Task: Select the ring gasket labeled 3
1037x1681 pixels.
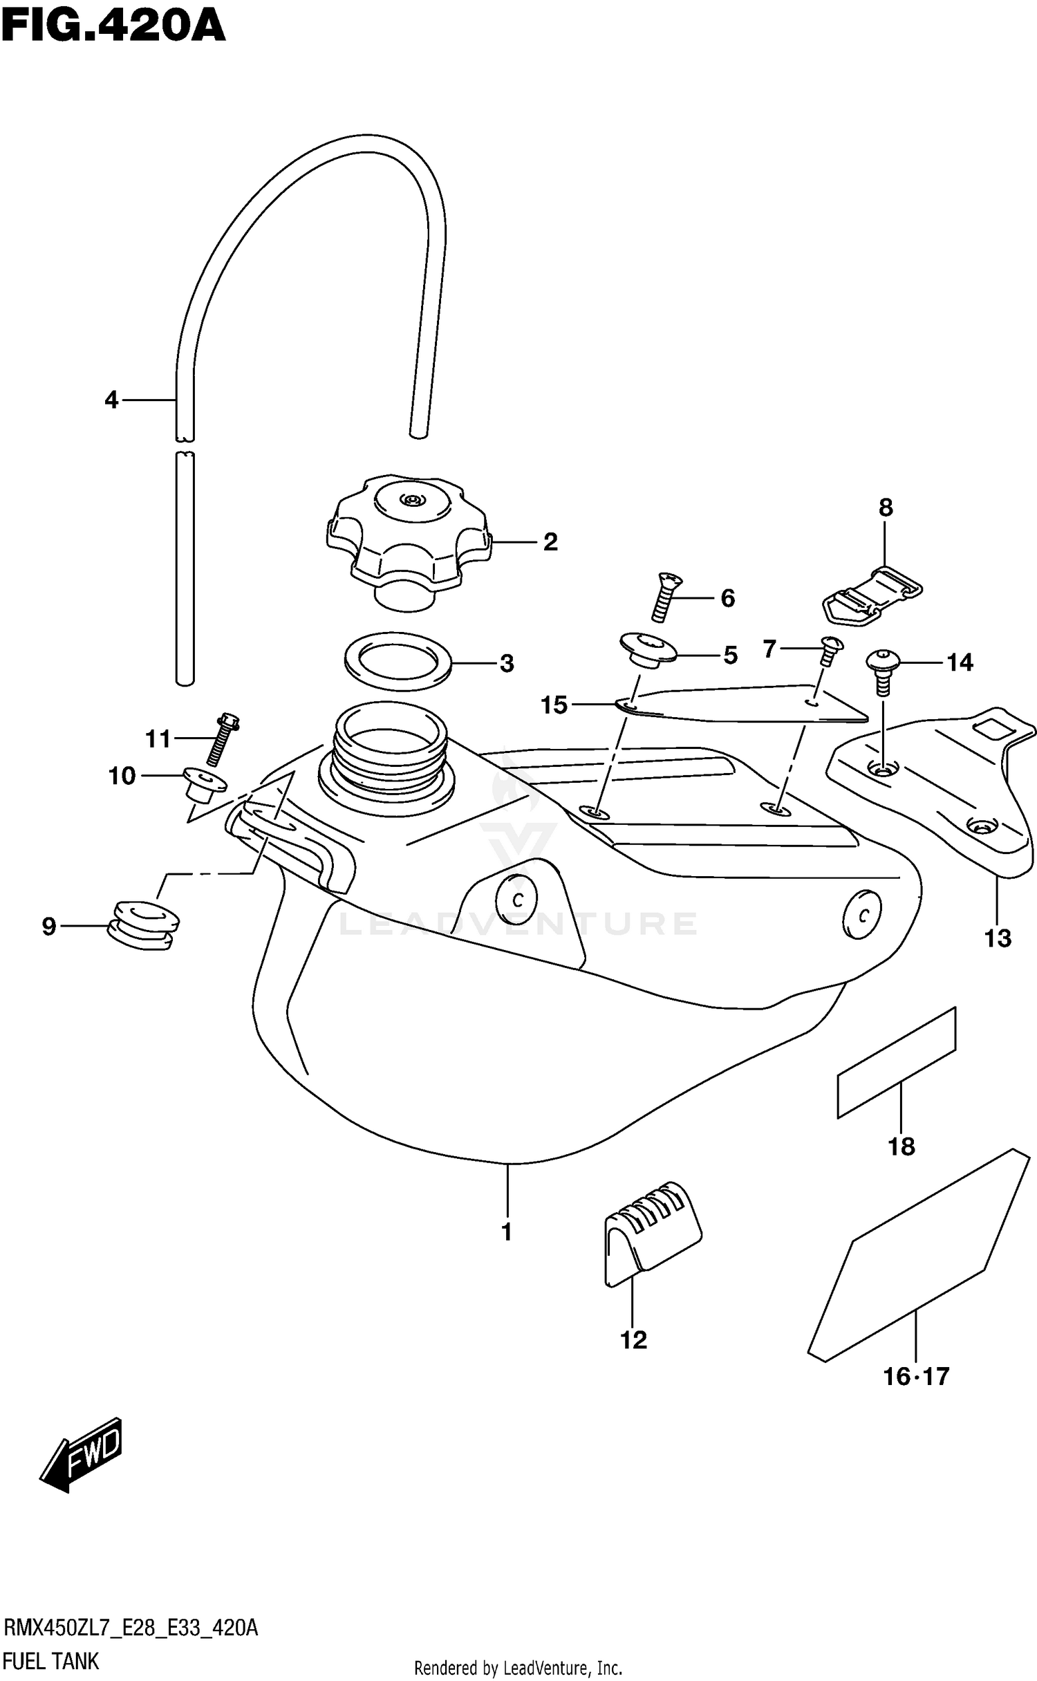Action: pos(398,660)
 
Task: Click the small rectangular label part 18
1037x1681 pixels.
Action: pos(897,1062)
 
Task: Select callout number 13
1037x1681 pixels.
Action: pos(998,938)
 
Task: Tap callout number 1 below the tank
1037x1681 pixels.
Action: pos(507,1232)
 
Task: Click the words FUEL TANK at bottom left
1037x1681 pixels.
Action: pos(51,1661)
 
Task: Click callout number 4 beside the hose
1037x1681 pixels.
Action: pos(111,400)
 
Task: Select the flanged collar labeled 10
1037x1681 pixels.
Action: pos(205,784)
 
